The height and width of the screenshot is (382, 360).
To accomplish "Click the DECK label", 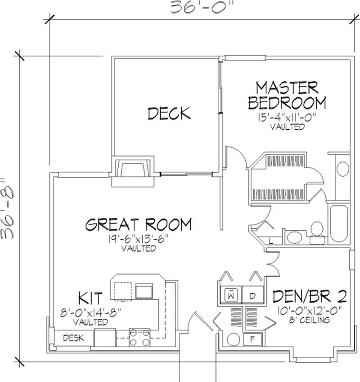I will (x=169, y=113).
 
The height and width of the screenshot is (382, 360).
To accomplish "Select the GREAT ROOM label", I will (x=139, y=224).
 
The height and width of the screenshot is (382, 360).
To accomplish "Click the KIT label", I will (x=90, y=298).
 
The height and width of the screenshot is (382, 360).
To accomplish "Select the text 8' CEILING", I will (x=310, y=320).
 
